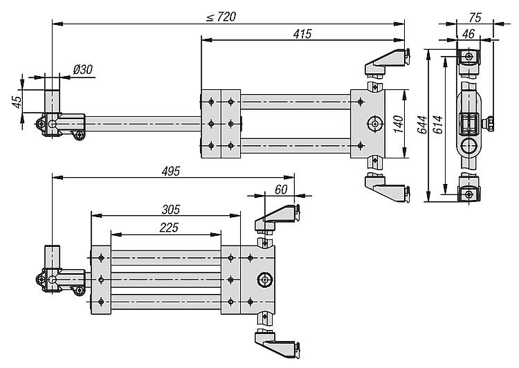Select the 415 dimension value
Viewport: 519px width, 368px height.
(302, 33)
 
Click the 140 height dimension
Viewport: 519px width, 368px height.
(397, 125)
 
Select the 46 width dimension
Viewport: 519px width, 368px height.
(468, 33)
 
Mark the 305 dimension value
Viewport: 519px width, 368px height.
(171, 208)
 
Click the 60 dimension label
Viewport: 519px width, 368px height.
(280, 190)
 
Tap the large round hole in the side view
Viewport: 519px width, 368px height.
(468, 146)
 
